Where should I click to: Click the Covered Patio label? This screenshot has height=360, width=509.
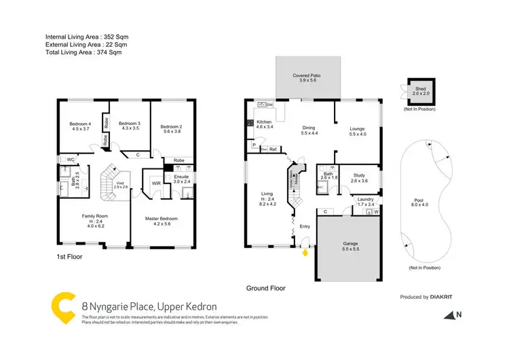(x=309, y=77)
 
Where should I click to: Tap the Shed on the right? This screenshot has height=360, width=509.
(x=420, y=90)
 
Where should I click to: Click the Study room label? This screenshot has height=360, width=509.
(x=359, y=178)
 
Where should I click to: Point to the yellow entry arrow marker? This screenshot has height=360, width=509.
(x=305, y=253)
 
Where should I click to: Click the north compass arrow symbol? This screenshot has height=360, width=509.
(x=449, y=314)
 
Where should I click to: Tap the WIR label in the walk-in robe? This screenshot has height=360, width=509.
(x=155, y=183)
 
